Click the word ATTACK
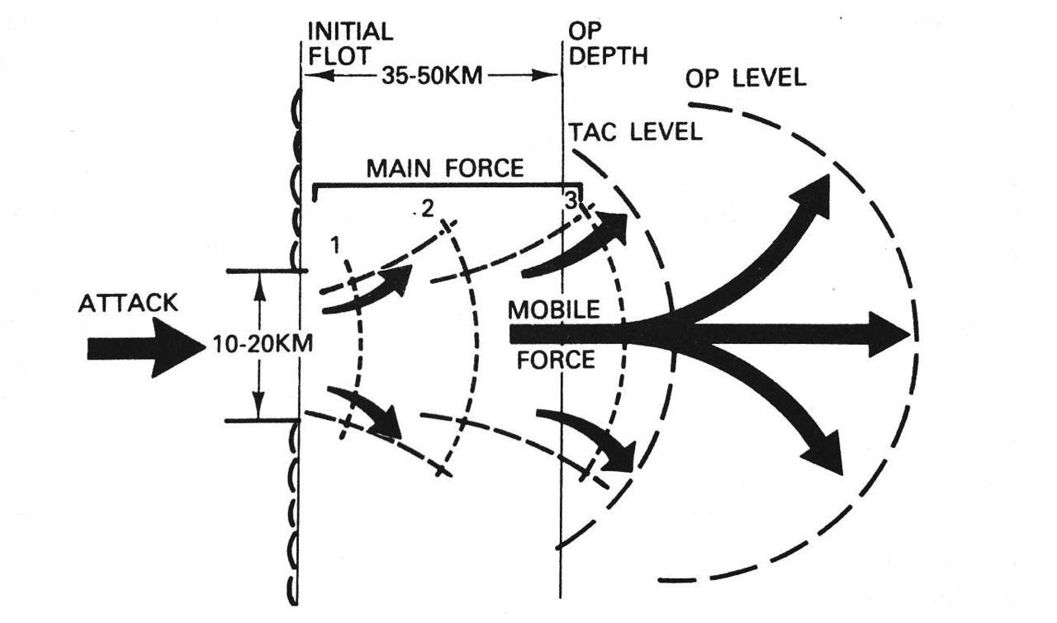[x=128, y=303]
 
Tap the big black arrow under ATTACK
[x=147, y=347]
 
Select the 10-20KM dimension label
[x=263, y=344]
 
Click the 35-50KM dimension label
[x=432, y=76]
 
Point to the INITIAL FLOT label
[x=350, y=44]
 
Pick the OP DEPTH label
[x=608, y=44]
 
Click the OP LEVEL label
[x=746, y=78]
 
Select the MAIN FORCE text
[x=445, y=168]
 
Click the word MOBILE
[x=553, y=309]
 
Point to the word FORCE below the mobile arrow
[x=556, y=360]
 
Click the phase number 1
[x=335, y=245]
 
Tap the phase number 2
[x=427, y=209]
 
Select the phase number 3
[x=571, y=201]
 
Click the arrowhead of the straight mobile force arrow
[x=889, y=334]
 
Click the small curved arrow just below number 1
[x=367, y=290]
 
